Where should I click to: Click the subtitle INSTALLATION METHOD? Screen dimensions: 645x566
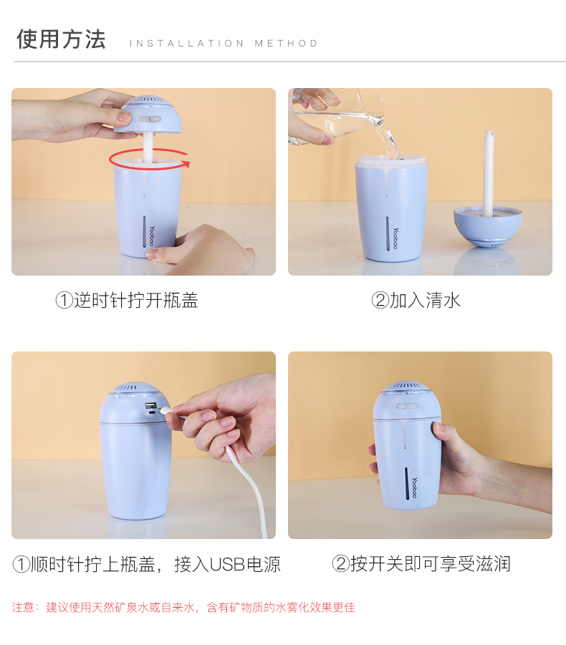[224, 44]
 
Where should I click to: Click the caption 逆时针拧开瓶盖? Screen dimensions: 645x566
[127, 300]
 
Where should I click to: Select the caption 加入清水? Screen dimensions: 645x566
[416, 300]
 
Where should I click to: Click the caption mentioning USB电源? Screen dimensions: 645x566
[146, 564]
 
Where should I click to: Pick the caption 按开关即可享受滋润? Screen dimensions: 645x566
[421, 564]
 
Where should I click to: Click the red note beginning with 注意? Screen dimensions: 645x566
[183, 608]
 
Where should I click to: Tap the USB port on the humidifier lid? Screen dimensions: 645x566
[152, 409]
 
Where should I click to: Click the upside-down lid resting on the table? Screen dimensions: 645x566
[488, 225]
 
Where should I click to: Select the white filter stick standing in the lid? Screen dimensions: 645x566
[489, 172]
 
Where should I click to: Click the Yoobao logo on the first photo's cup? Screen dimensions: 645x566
[152, 237]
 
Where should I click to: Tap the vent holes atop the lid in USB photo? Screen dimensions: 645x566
[133, 390]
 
